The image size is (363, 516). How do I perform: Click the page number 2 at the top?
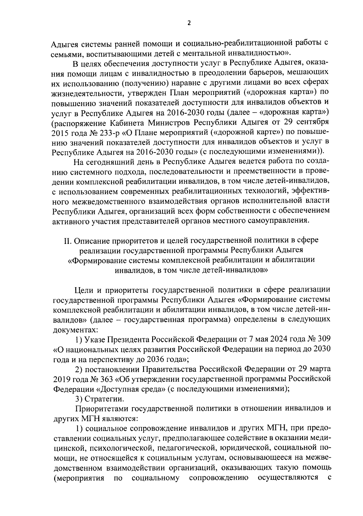(189, 23)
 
